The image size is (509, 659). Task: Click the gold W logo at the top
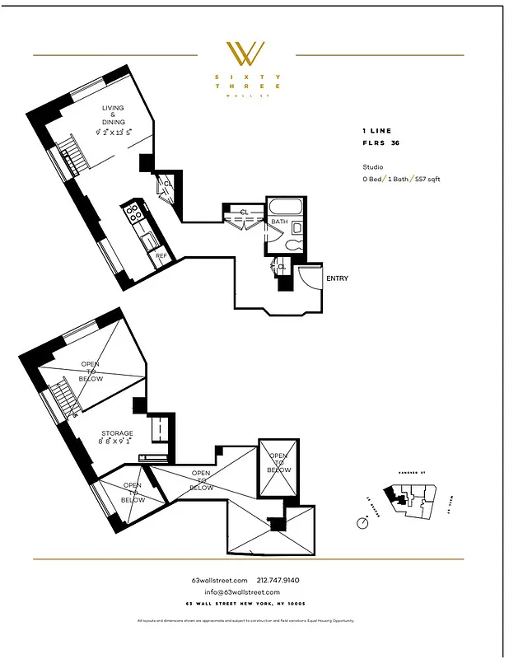click(245, 54)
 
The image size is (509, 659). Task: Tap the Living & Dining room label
click(114, 115)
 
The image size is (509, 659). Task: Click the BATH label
click(279, 221)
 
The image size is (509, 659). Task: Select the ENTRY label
click(337, 278)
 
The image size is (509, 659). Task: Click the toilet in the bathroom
click(292, 245)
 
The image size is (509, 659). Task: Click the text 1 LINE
click(377, 131)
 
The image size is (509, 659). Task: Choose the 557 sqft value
click(427, 179)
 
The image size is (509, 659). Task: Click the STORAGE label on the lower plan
click(117, 433)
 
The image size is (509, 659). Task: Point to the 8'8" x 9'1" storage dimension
click(118, 442)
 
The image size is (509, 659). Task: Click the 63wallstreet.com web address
click(213, 581)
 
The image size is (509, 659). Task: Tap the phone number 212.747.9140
click(280, 581)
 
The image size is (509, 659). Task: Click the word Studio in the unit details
click(373, 166)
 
